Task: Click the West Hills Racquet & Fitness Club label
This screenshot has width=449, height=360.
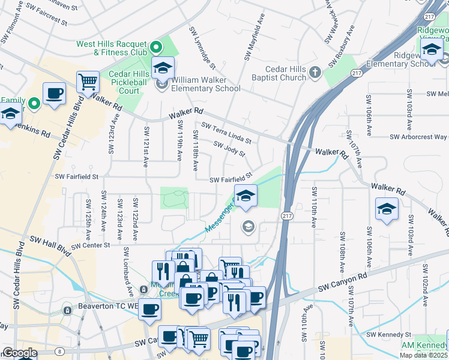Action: [x=112, y=48]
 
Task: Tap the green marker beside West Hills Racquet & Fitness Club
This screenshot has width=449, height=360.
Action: [x=157, y=47]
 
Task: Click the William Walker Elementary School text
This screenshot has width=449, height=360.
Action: [x=206, y=84]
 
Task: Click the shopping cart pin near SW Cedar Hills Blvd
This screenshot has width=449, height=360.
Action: [x=88, y=80]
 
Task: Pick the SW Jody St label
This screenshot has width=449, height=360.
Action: [x=230, y=148]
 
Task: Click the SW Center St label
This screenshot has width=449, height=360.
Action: [x=91, y=245]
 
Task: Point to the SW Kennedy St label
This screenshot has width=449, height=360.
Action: [x=388, y=334]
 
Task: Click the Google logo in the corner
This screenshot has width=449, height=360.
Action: [x=20, y=353]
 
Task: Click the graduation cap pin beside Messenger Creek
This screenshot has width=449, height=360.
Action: [x=245, y=196]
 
